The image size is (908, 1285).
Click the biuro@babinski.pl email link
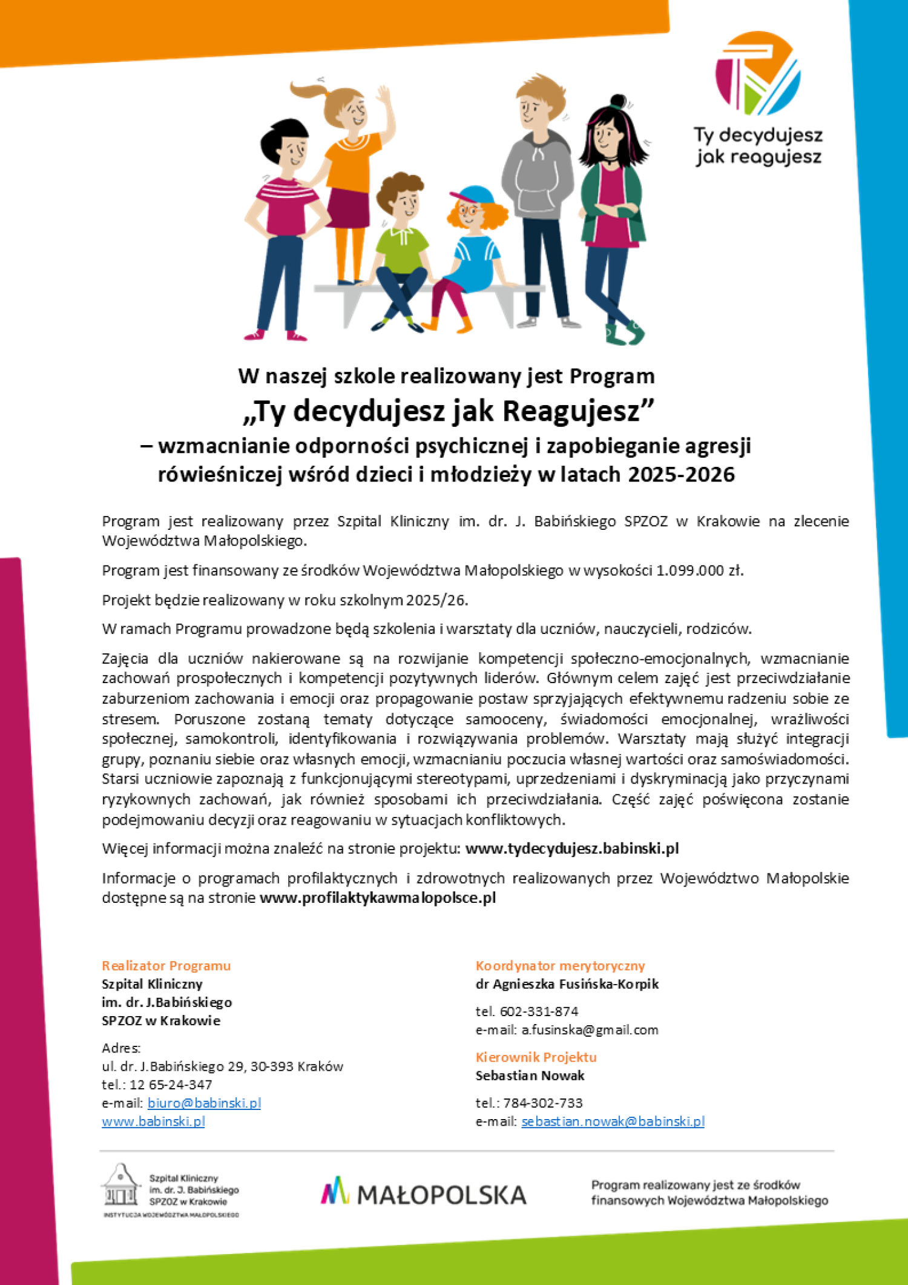204,1103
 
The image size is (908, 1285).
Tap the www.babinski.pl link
153,1121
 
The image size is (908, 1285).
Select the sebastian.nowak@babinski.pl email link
613,1121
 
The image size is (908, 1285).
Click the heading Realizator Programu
166,965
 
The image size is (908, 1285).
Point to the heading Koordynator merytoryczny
560,965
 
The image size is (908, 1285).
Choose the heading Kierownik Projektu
536,1057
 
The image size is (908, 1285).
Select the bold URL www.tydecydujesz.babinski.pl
572,848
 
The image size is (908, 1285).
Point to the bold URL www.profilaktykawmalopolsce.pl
378,897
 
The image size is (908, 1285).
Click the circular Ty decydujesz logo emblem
758,73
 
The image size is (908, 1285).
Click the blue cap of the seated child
475,196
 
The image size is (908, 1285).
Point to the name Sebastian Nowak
530,1075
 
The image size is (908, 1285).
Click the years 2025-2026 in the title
681,474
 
